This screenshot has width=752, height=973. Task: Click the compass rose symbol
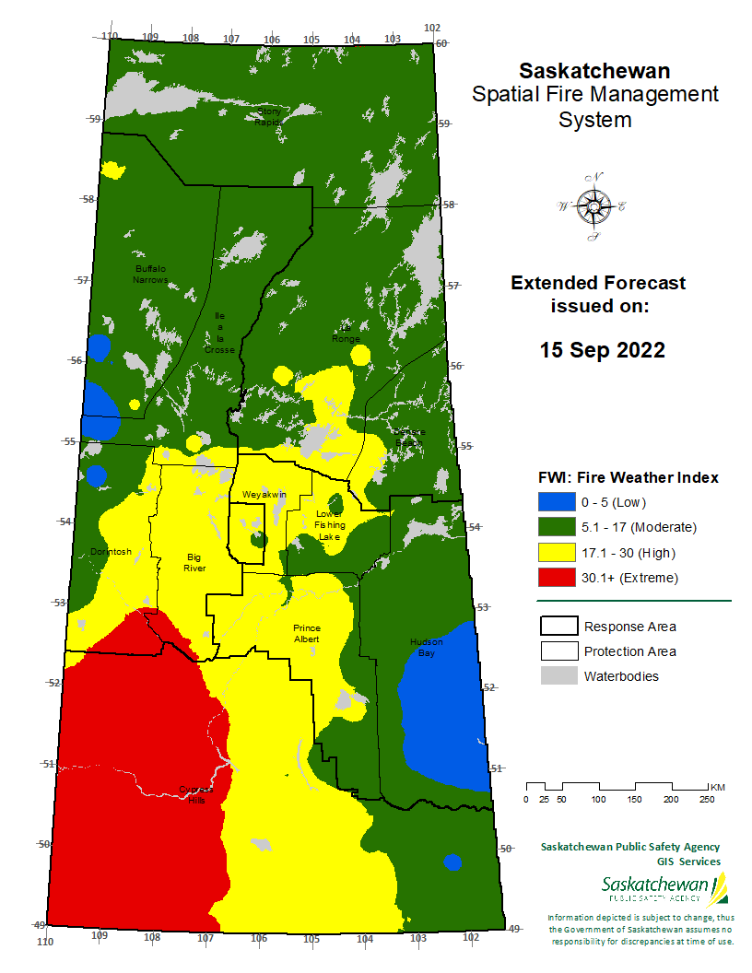(x=592, y=206)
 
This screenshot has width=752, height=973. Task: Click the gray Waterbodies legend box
(x=557, y=676)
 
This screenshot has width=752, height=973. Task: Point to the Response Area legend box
(x=557, y=627)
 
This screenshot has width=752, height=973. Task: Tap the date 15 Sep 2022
(x=602, y=350)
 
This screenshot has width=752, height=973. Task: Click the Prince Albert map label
(x=306, y=633)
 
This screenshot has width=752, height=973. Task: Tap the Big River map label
(x=194, y=563)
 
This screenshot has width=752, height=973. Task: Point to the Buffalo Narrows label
(x=150, y=274)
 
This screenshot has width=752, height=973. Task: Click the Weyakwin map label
(x=264, y=496)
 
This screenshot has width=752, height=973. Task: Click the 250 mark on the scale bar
(x=708, y=799)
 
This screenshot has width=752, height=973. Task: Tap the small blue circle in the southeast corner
(x=452, y=862)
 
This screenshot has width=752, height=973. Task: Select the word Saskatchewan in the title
(x=594, y=70)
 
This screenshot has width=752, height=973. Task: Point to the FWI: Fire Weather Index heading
(x=628, y=477)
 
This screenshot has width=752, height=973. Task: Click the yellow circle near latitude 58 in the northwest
(x=113, y=170)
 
